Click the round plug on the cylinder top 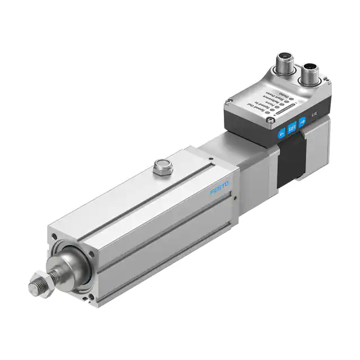click(160, 167)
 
